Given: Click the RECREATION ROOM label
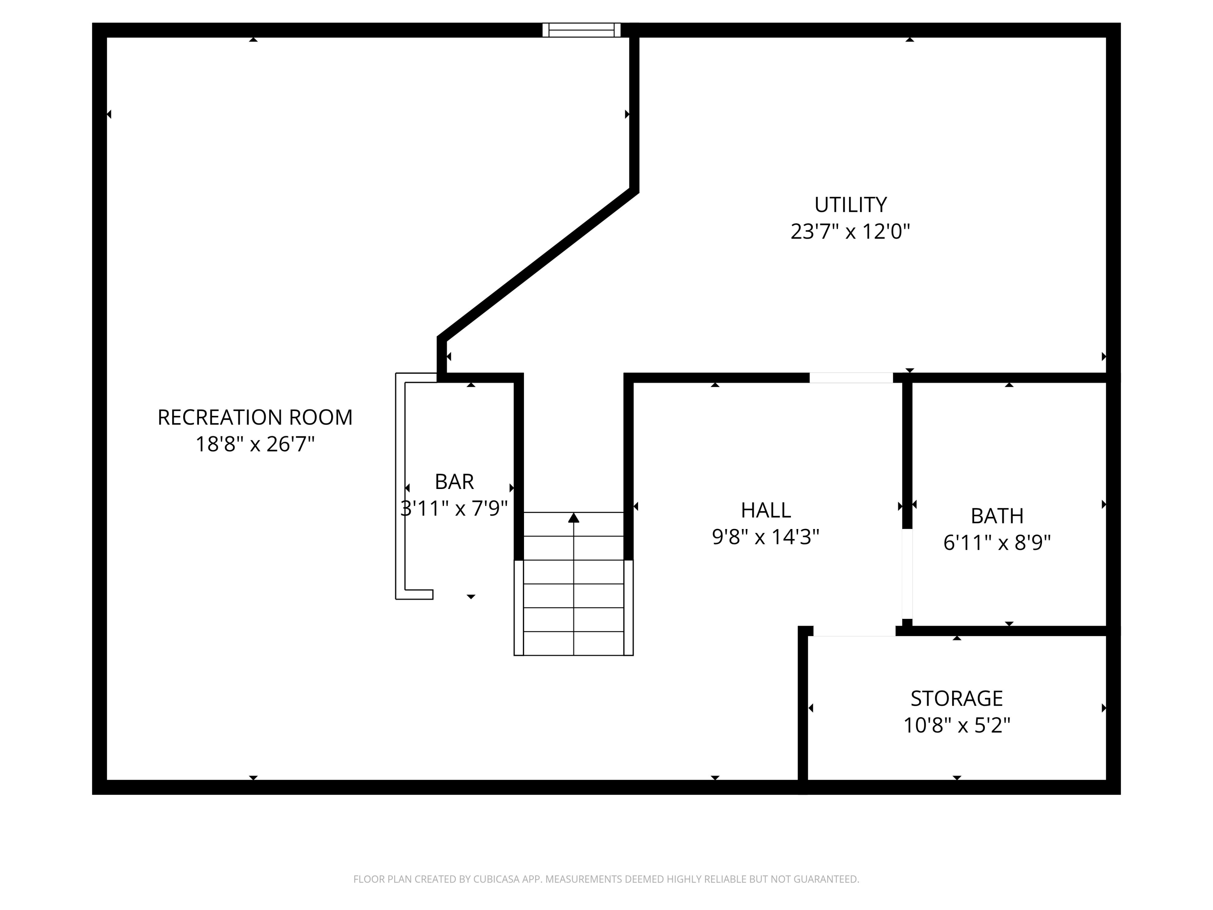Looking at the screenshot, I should pyautogui.click(x=255, y=417).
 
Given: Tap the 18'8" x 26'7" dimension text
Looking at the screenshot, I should pyautogui.click(x=255, y=444).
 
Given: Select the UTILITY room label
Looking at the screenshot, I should pyautogui.click(x=850, y=205).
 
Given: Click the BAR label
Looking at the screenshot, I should pyautogui.click(x=454, y=482).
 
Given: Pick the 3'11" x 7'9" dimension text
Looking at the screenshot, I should pyautogui.click(x=454, y=508).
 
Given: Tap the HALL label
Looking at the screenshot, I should pyautogui.click(x=765, y=510).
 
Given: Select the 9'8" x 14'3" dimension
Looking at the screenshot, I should pyautogui.click(x=765, y=537).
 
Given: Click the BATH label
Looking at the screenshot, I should pyautogui.click(x=997, y=516).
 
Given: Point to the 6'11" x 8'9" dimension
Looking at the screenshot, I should pyautogui.click(x=997, y=543).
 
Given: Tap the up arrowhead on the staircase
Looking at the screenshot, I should pyautogui.click(x=574, y=518).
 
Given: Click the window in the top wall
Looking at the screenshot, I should pyautogui.click(x=581, y=30).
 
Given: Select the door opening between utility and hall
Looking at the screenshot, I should pyautogui.click(x=851, y=377).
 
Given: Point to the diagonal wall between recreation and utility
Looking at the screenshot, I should pyautogui.click(x=537, y=264).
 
